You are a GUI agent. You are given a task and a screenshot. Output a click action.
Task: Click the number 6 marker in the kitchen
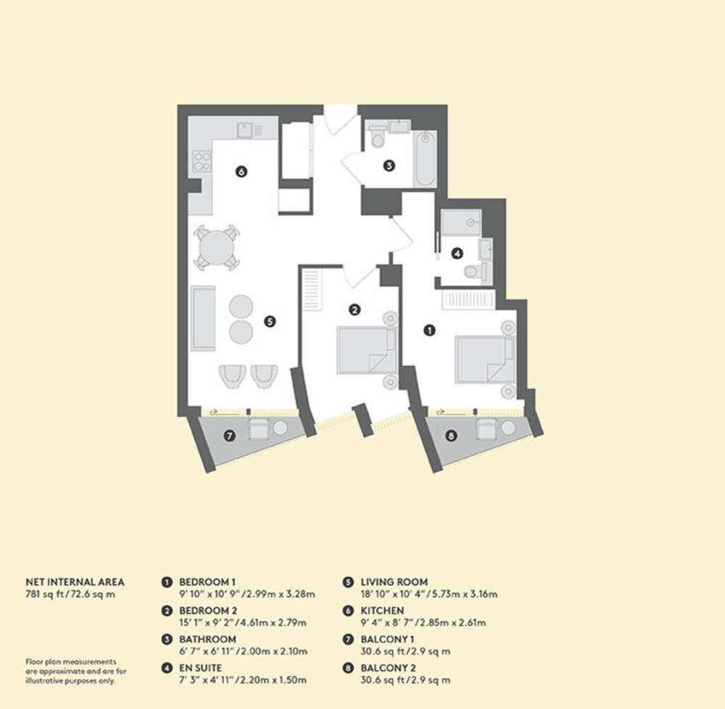click(x=241, y=172)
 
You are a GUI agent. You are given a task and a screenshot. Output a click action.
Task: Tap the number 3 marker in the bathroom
click(x=389, y=165)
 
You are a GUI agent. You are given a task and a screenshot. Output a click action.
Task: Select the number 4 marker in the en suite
click(x=457, y=253)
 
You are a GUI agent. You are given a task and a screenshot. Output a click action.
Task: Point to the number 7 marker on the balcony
click(x=229, y=436)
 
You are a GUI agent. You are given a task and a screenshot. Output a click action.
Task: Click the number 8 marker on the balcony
click(x=451, y=436)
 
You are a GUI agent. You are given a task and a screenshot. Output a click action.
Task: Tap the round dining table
click(x=216, y=247)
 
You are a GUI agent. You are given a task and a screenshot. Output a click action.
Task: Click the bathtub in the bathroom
click(x=424, y=159)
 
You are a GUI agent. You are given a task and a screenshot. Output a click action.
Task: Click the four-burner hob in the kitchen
click(x=202, y=162)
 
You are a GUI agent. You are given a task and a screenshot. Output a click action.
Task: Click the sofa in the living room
click(x=203, y=318)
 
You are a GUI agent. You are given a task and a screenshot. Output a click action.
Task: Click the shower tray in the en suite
click(x=461, y=223)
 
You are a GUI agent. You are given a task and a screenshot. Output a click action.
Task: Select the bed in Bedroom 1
click(x=484, y=359)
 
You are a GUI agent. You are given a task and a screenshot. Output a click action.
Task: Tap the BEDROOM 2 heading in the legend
click(x=208, y=610)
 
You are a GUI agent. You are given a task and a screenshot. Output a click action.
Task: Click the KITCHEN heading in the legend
click(x=382, y=610)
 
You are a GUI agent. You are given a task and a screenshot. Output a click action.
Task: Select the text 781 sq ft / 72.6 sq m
click(x=70, y=594)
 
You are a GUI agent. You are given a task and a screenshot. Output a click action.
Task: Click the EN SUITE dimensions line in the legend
click(x=243, y=680)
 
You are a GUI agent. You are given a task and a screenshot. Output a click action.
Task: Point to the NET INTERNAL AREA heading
click(x=75, y=582)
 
